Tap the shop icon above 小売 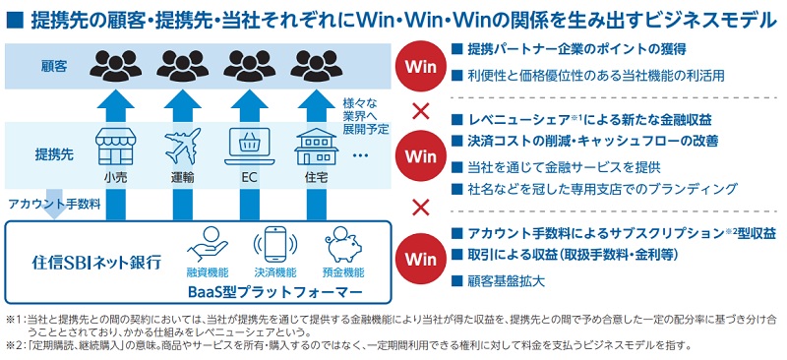coord(113,149)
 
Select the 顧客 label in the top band coord(53,66)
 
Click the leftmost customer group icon coord(114,66)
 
